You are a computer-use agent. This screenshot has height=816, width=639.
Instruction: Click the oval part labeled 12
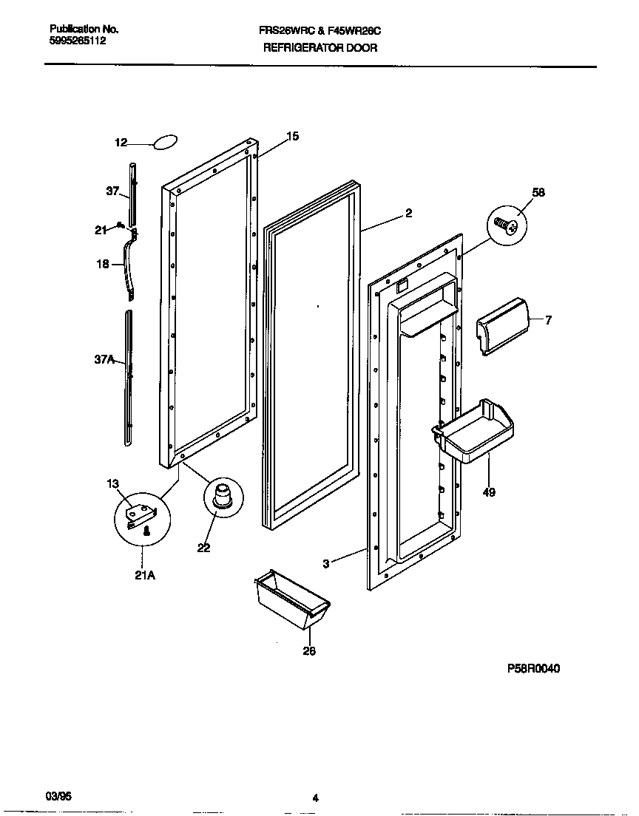[x=166, y=142]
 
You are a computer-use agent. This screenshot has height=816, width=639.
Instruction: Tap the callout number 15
[x=293, y=136]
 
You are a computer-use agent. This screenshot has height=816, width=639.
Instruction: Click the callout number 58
[x=538, y=192]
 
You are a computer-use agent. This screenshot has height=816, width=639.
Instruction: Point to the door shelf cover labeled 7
[x=504, y=326]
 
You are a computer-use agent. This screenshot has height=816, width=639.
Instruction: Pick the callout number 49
[x=489, y=492]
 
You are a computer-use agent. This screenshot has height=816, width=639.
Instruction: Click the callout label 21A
[x=145, y=576]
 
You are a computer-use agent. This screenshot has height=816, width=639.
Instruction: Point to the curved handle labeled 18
[x=132, y=266]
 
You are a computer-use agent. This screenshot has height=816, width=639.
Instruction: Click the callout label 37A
[x=105, y=360]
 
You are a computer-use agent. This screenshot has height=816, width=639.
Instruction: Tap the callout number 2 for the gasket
[x=408, y=214]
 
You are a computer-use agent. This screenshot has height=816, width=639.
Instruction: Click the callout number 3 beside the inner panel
[x=325, y=564]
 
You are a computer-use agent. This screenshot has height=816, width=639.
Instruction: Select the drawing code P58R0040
[x=533, y=668]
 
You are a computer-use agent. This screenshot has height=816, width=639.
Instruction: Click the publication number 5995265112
[x=78, y=41]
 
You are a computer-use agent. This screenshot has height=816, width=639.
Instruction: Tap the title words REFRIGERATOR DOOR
[x=320, y=48]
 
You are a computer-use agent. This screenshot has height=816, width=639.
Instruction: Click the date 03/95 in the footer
[x=58, y=796]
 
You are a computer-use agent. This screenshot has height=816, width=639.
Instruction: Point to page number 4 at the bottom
[x=315, y=798]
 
